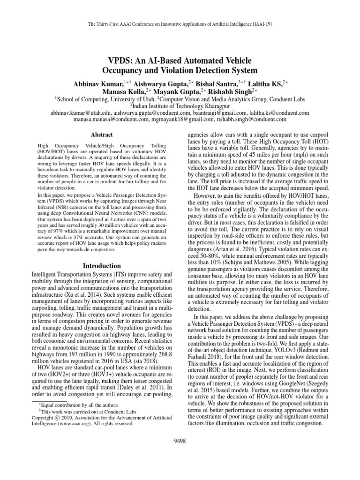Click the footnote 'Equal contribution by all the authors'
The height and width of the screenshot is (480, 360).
(x=80, y=405)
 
